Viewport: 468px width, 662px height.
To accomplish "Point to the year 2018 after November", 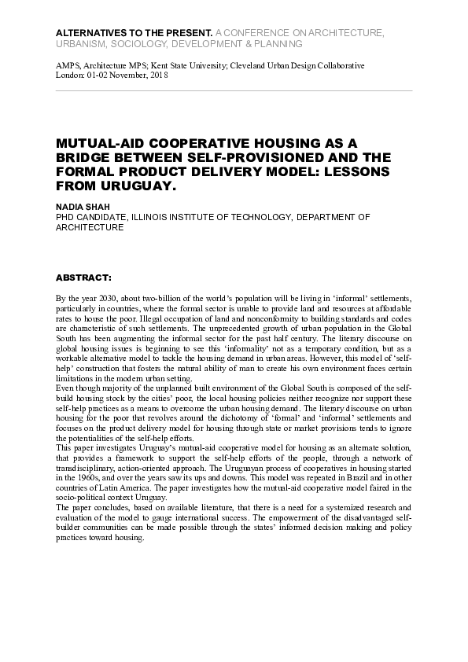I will coord(158,76).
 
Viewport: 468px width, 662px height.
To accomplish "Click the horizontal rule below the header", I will coord(234,90).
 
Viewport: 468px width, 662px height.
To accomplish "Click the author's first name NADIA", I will coord(68,206).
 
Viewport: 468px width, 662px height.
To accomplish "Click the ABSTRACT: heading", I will coord(83,278).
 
